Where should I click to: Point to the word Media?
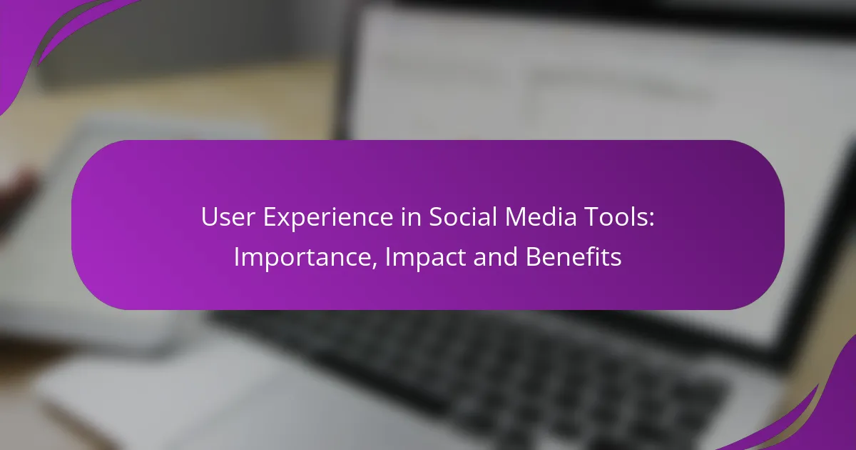[x=541, y=216]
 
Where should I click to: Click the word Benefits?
[x=574, y=256]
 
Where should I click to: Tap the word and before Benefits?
[x=496, y=256]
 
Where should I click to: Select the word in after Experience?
[x=411, y=217]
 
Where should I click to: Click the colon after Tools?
[x=651, y=220]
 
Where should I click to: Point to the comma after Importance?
[x=373, y=265]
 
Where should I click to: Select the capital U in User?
[x=210, y=217]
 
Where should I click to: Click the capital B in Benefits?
[x=534, y=256]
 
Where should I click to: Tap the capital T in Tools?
[x=593, y=217]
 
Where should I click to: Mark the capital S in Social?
[x=436, y=217]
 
